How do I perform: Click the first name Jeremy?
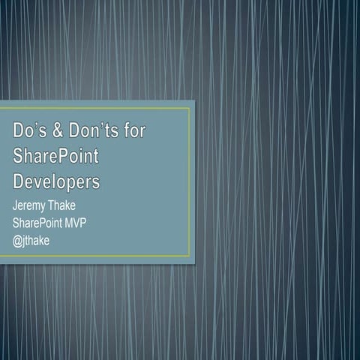click(28, 205)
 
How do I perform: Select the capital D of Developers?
click(19, 181)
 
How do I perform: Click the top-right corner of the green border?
click(190, 108)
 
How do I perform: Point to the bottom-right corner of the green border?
click(190, 256)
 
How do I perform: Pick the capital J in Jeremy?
click(16, 205)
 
